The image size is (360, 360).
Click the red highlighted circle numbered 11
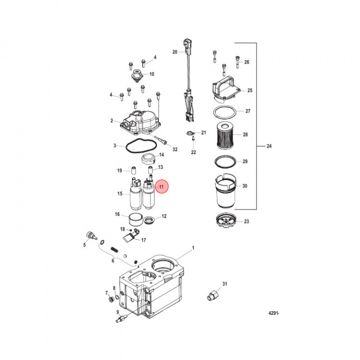(161, 186)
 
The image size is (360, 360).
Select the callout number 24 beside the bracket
(269, 146)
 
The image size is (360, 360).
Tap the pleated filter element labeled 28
(225, 135)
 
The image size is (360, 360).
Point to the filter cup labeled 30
(225, 191)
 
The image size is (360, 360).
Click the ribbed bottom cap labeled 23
(226, 220)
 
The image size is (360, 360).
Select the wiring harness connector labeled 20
(189, 80)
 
